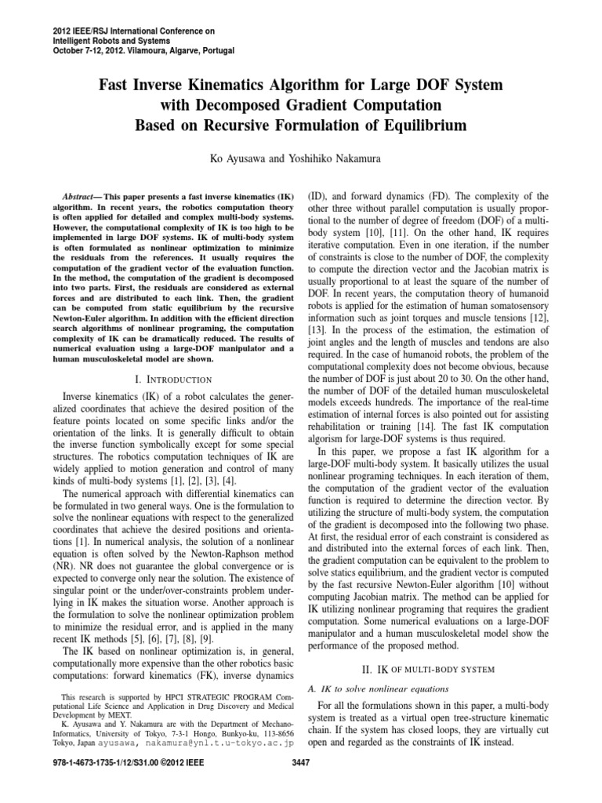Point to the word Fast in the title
(x=115, y=84)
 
